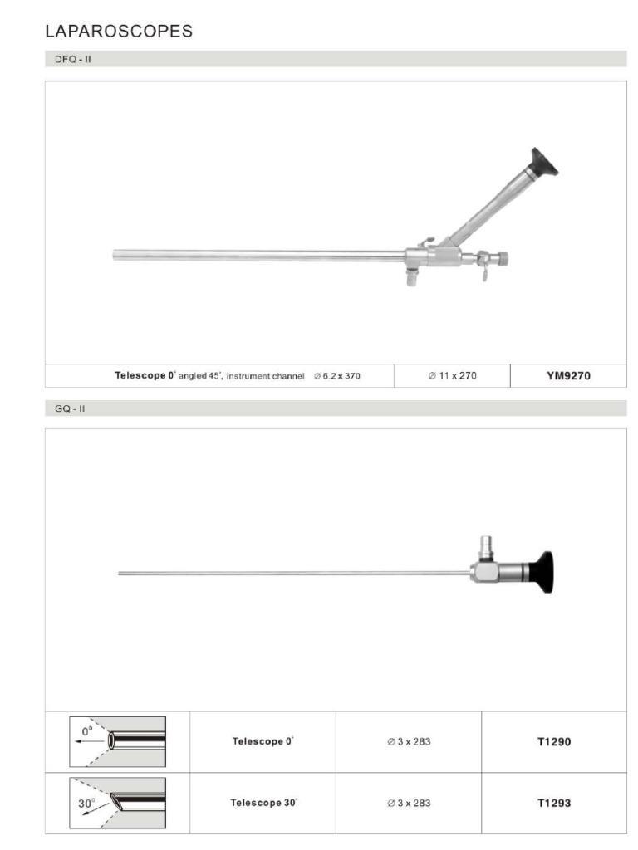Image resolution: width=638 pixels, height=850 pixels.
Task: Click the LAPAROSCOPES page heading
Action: tap(119, 32)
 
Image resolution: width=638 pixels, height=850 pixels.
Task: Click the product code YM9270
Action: tap(568, 375)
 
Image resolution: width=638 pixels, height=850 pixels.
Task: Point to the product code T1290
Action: tap(554, 741)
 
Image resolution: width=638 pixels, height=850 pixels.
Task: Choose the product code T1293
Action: tap(554, 803)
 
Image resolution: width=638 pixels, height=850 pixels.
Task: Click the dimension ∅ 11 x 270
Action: tap(453, 375)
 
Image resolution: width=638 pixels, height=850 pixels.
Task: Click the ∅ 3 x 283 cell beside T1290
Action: tap(409, 741)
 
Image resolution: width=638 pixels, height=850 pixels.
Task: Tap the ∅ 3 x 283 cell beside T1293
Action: tap(409, 803)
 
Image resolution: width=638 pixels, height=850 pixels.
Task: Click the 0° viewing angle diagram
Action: tap(117, 740)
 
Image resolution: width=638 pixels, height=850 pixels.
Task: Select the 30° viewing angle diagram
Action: tap(117, 802)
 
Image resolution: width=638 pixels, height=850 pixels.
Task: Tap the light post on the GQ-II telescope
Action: tap(486, 547)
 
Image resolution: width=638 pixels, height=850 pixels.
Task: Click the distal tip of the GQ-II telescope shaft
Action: tap(120, 574)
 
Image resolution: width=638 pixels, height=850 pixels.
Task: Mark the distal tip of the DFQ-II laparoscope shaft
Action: tap(115, 256)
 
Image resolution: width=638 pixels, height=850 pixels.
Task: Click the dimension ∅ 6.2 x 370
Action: tap(337, 376)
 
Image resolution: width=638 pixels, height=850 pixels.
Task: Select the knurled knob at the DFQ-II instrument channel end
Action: tap(501, 259)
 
